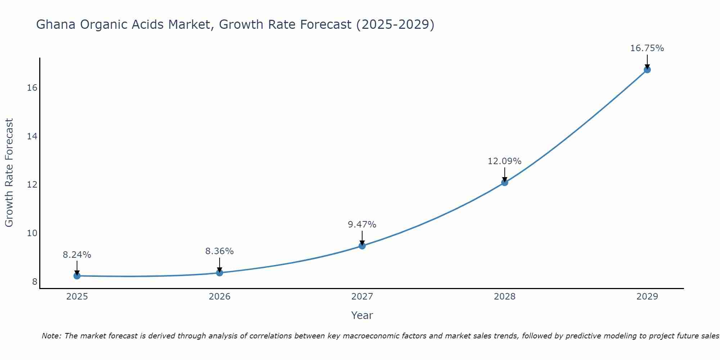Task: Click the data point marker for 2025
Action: point(77,276)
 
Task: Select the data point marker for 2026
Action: point(220,273)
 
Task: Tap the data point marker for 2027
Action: point(362,246)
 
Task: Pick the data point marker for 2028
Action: point(505,183)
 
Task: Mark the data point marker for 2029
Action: point(647,70)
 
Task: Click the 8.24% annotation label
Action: point(77,255)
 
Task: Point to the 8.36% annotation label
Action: point(220,251)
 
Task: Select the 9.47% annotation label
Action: point(362,225)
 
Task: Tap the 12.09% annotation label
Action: point(505,161)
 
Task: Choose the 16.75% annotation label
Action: point(647,48)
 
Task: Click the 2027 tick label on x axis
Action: point(362,297)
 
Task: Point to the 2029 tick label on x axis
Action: point(647,297)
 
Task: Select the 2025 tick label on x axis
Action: point(77,297)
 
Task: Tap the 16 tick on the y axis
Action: point(32,88)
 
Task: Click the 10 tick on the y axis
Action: point(32,233)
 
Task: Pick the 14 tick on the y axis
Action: point(32,136)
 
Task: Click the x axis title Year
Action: point(362,315)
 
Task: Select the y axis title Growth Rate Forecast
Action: point(9,173)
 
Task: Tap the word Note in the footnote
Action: point(51,336)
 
